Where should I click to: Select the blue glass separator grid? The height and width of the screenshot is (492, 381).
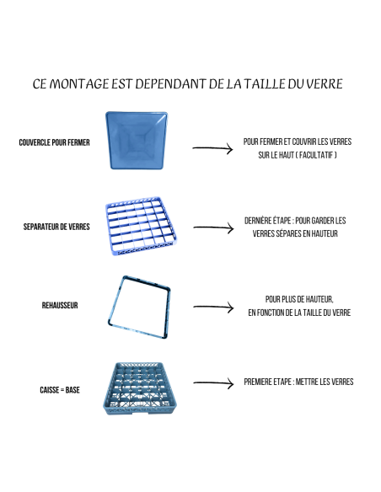click(140, 227)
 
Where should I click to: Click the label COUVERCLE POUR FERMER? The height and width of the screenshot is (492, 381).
click(54, 142)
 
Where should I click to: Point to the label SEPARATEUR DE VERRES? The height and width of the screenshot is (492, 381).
click(57, 227)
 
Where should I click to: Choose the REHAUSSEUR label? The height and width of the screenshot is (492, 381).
click(62, 305)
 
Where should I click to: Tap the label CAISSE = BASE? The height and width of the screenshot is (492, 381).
click(60, 390)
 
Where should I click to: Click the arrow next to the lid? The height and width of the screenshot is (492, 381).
click(212, 149)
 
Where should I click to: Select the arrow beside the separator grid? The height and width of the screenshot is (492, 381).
click(212, 227)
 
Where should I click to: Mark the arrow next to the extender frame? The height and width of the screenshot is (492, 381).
click(212, 307)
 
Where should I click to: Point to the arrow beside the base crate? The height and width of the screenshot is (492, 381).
click(212, 383)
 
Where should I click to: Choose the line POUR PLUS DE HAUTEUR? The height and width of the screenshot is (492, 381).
click(299, 299)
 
